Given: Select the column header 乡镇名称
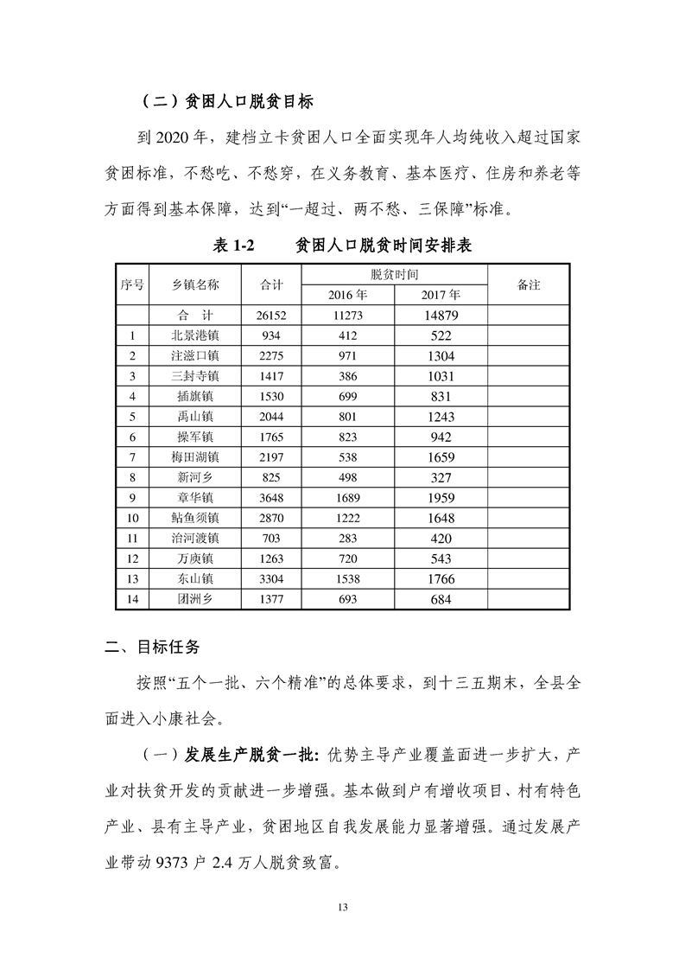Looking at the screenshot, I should click(x=195, y=285).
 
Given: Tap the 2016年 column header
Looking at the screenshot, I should click(x=347, y=295).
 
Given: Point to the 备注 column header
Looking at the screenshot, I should click(x=528, y=285).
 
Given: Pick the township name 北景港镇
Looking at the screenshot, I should click(x=195, y=335).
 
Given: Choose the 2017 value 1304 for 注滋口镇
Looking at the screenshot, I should click(x=441, y=355).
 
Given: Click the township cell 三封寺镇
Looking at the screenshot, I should click(x=195, y=376).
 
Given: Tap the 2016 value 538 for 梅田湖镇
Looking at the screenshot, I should click(x=347, y=456).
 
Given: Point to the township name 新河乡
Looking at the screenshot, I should click(x=195, y=476).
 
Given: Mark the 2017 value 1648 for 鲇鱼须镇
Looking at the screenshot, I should click(x=441, y=517).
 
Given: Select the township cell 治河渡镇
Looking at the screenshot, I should click(x=195, y=538).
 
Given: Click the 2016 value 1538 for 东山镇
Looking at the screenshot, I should click(x=347, y=578).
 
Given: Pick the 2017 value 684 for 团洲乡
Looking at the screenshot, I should click(x=441, y=598).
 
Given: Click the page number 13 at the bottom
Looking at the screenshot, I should click(x=342, y=906).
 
